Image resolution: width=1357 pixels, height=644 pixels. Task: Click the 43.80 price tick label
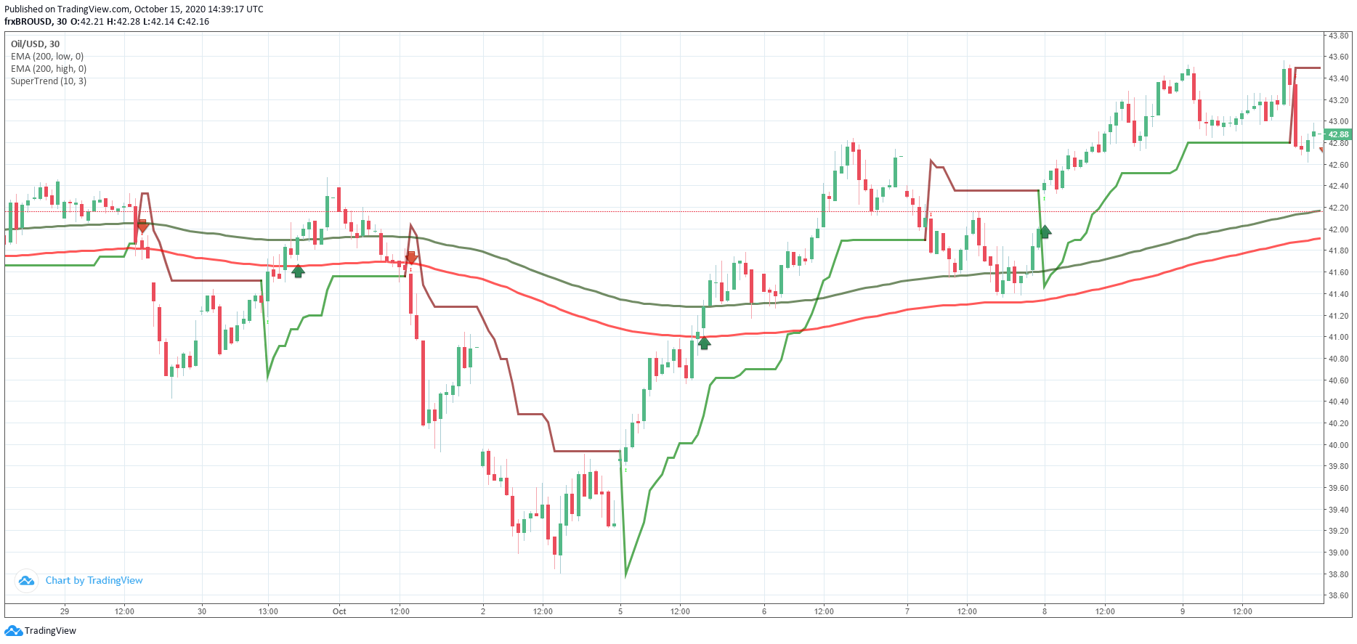coord(1338,36)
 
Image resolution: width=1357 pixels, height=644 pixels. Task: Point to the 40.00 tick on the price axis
coord(1338,445)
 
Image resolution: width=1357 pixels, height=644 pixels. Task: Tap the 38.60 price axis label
coord(1338,595)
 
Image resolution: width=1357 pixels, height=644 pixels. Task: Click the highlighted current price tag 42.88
coord(1337,134)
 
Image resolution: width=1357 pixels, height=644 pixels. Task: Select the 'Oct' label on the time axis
coord(339,611)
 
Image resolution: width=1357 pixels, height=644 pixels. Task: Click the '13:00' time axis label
coord(268,611)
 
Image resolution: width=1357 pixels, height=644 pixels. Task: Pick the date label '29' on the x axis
coord(65,611)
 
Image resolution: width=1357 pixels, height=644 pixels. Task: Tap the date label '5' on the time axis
coord(620,611)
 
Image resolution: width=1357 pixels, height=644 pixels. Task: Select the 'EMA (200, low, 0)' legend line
coord(47,57)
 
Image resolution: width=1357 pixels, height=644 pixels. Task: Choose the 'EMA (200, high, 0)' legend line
coord(49,69)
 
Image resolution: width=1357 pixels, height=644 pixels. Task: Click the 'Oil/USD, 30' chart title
coord(35,44)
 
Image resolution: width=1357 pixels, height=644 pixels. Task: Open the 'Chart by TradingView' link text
coord(94,581)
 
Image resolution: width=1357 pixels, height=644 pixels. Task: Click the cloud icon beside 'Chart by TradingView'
coord(26,581)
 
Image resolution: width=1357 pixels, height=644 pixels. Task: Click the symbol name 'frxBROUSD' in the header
coord(28,22)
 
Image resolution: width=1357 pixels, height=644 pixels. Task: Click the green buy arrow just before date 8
coord(1045,232)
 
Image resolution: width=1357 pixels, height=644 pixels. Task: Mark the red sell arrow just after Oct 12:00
coord(411,257)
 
